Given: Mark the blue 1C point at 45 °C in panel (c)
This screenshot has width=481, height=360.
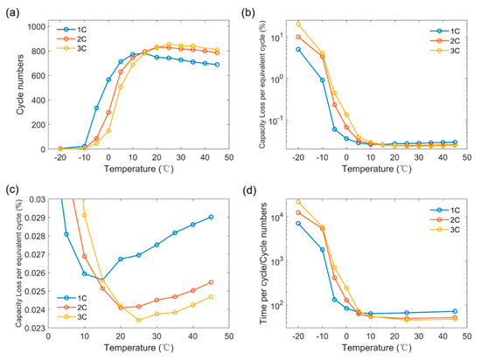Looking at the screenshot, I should tap(211, 217).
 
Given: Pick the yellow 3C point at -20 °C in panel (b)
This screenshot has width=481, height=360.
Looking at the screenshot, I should tap(299, 24).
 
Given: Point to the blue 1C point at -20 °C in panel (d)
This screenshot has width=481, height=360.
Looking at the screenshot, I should tap(299, 224).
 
